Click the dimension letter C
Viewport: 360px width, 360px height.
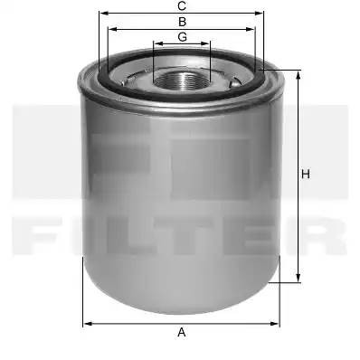(182, 5)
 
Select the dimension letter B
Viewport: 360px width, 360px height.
(182, 22)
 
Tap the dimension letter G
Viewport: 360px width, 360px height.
(182, 37)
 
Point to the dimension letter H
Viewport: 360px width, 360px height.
(306, 175)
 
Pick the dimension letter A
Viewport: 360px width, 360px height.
(182, 333)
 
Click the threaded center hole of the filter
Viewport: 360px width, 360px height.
(182, 81)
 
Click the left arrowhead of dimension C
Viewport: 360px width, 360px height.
(104, 14)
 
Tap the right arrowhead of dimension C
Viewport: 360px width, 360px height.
(259, 14)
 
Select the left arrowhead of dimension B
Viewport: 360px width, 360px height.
(112, 29)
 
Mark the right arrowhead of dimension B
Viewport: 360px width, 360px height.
(251, 29)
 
